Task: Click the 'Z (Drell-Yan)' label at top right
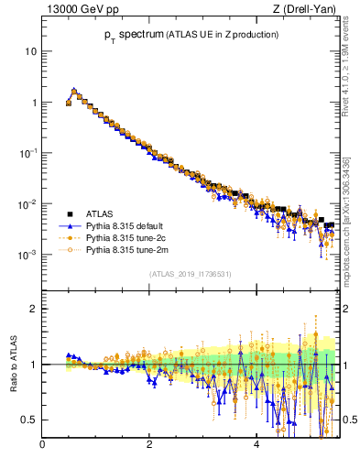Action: (x=304, y=10)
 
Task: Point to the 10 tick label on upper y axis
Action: (x=30, y=51)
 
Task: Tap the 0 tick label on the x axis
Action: (x=42, y=446)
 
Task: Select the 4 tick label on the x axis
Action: (x=256, y=446)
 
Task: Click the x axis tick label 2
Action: (x=149, y=446)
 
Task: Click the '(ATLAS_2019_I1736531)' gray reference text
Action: (x=191, y=274)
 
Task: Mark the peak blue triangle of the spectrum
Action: (x=74, y=91)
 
